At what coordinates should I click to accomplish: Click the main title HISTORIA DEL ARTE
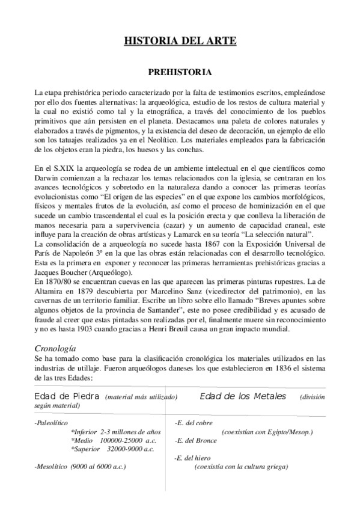tap(180, 41)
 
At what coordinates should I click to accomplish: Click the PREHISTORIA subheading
tap(180, 72)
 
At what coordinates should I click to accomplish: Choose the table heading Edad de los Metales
tap(243, 397)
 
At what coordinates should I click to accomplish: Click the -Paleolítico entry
tap(52, 423)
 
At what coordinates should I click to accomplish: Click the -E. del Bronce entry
tap(194, 440)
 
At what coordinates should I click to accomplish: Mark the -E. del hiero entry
tap(192, 458)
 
